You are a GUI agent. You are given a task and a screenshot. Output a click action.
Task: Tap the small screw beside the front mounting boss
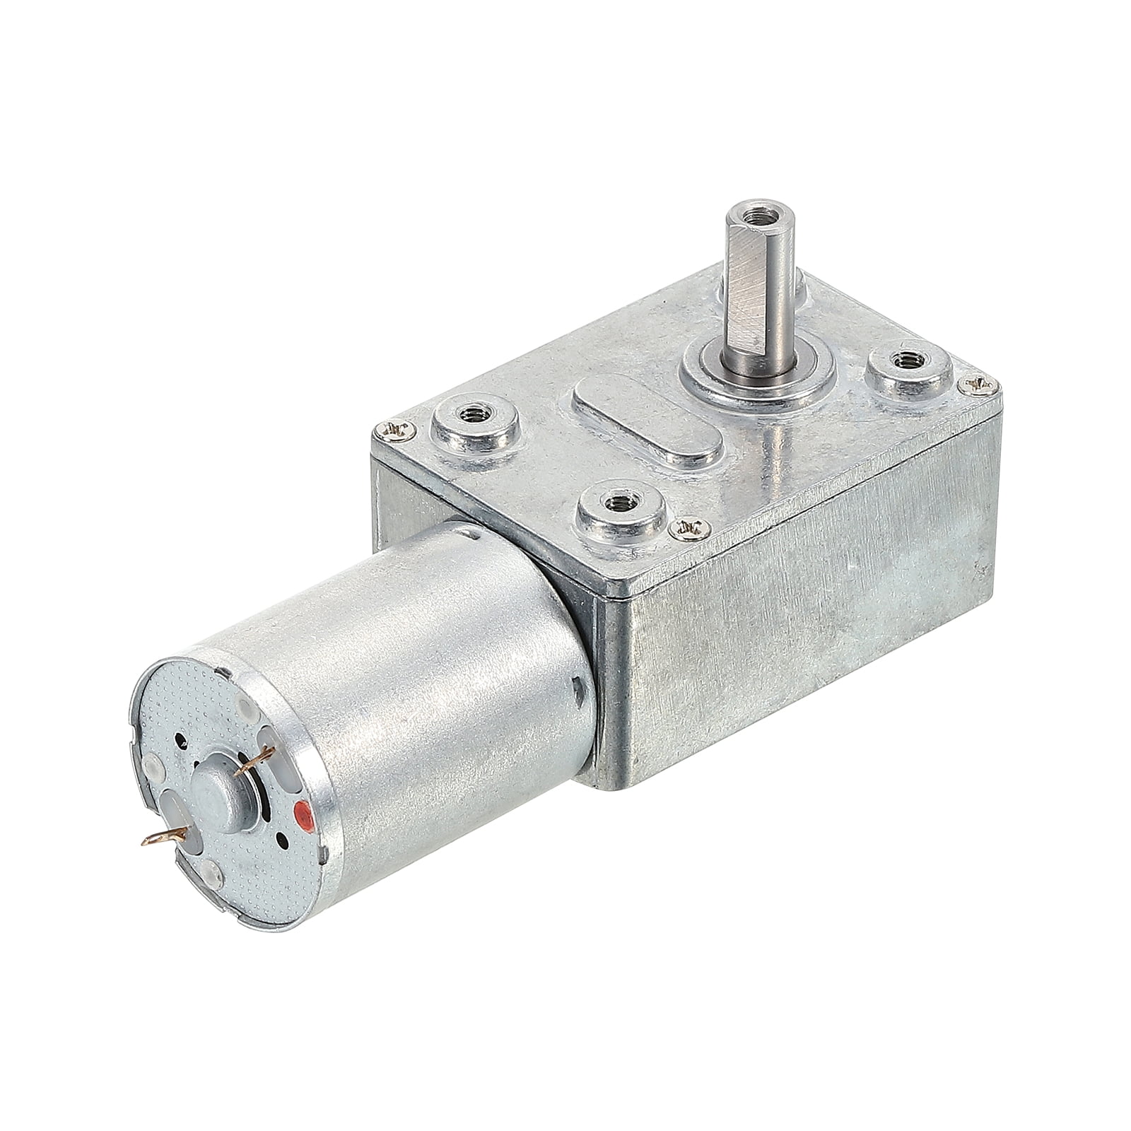coord(684,526)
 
